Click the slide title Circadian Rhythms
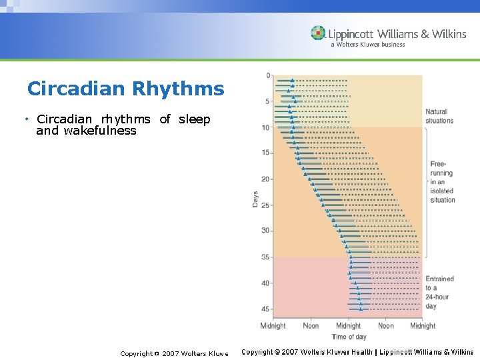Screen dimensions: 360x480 126,89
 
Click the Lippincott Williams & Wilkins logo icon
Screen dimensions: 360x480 319,33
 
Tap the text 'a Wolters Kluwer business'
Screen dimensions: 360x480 368,45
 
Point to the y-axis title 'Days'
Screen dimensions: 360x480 255,199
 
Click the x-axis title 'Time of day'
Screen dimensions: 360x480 349,337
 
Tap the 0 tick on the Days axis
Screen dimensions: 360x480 268,75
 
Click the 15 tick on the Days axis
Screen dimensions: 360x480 266,153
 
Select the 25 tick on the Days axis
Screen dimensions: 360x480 266,205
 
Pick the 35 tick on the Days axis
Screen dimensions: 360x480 266,257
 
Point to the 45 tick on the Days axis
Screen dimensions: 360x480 266,309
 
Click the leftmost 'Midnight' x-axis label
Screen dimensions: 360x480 273,326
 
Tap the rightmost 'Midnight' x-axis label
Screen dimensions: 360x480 423,326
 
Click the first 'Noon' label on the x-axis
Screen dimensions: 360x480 311,326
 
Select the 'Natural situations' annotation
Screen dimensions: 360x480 439,116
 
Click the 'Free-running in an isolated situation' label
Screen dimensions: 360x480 441,181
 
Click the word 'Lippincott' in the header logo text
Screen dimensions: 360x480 351,34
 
